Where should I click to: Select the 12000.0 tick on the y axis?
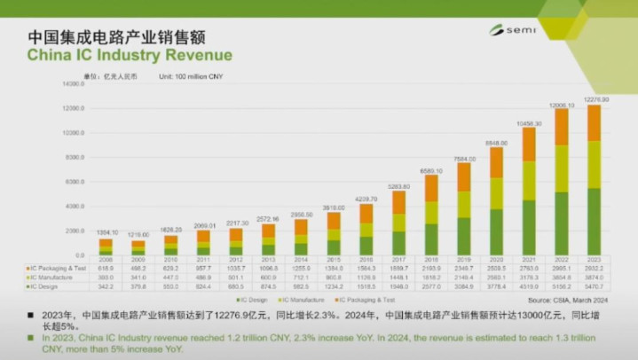[x=72, y=108]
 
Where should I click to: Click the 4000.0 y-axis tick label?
[x=72, y=206]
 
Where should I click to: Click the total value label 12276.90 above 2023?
[x=594, y=99]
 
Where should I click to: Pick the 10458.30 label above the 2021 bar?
[x=530, y=122]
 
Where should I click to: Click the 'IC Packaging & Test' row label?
[x=58, y=267]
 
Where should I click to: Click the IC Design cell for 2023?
[x=594, y=286]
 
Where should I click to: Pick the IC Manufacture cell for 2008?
[x=106, y=277]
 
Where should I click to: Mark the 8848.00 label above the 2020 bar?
[x=497, y=142]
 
